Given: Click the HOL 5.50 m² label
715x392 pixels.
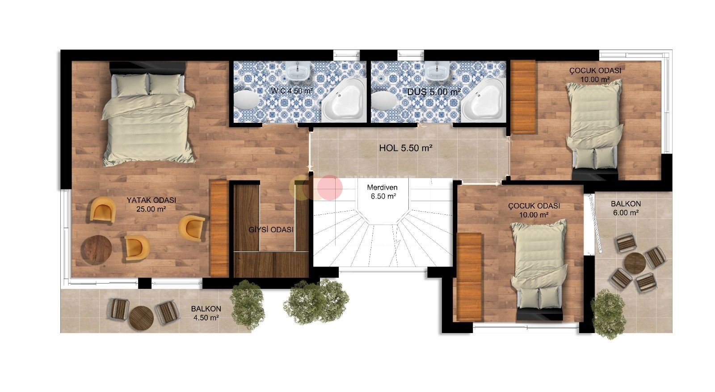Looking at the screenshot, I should tap(405, 148).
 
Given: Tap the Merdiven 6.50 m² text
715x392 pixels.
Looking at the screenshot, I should tap(382, 192).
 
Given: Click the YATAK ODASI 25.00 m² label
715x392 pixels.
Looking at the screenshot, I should tap(151, 204).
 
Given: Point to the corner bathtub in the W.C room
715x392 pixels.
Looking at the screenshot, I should tap(343, 103).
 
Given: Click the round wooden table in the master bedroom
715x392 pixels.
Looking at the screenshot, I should tap(97, 250).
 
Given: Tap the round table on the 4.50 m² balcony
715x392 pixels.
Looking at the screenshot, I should tap(141, 317).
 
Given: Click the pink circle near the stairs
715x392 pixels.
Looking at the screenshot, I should tap(330, 187).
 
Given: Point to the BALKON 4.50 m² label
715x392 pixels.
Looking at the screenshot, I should tap(206, 313).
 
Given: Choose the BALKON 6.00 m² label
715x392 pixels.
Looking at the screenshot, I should tap(626, 208).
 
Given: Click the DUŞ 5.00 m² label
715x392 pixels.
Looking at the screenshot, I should tap(434, 92).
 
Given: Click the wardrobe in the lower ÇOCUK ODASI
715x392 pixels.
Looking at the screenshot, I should tap(469, 276).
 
